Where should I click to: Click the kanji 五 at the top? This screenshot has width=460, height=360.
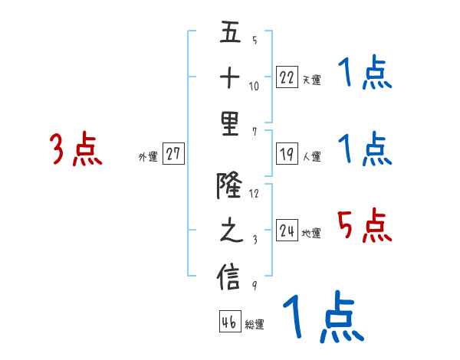pos(229,34)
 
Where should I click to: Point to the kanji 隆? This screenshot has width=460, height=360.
pos(229,185)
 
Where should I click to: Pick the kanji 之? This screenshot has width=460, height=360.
pos(229,231)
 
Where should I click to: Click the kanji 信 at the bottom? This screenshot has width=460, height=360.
pos(229,277)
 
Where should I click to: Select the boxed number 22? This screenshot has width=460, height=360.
pos(287,77)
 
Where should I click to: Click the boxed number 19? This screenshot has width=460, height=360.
pos(287,154)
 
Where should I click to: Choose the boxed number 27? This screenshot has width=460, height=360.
pos(173,154)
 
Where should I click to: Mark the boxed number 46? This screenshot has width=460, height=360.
pos(229,322)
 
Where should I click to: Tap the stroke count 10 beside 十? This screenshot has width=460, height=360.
pos(254,85)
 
